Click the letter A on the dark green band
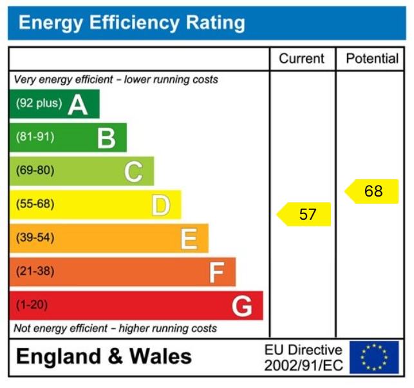(x=78, y=104)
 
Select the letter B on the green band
(x=106, y=137)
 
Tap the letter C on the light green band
(x=133, y=171)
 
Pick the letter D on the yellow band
(x=161, y=205)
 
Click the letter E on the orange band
(x=189, y=238)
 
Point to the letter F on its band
(x=216, y=272)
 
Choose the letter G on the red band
(x=242, y=306)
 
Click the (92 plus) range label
(x=39, y=103)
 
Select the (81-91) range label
(x=35, y=137)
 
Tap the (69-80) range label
(x=35, y=171)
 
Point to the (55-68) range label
(x=35, y=204)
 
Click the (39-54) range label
(x=35, y=238)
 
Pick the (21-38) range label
(x=35, y=271)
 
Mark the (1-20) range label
(x=32, y=305)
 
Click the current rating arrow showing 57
(x=305, y=215)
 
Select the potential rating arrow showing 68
(x=372, y=191)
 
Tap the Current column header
(x=301, y=59)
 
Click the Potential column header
(x=372, y=59)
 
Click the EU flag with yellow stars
(x=374, y=357)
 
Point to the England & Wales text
(x=104, y=356)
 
